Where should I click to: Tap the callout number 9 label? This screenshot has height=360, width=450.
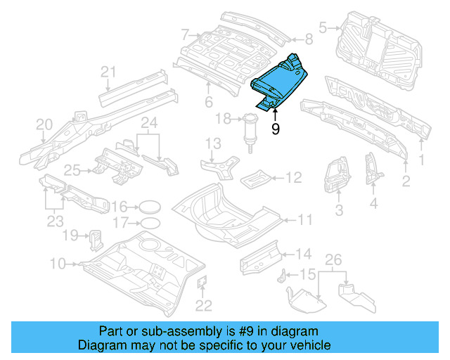[x=275, y=129]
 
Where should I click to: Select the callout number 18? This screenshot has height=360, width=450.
[x=223, y=120]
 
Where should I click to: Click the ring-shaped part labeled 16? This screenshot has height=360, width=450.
[x=148, y=207]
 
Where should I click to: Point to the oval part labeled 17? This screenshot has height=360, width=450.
[x=148, y=224]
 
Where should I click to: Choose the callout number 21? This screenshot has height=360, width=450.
[x=108, y=71]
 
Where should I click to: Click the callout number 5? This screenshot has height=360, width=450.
[x=323, y=28]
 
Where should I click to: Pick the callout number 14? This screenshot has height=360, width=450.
[x=302, y=254]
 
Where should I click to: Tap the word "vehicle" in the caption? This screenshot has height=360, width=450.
[x=307, y=345]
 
